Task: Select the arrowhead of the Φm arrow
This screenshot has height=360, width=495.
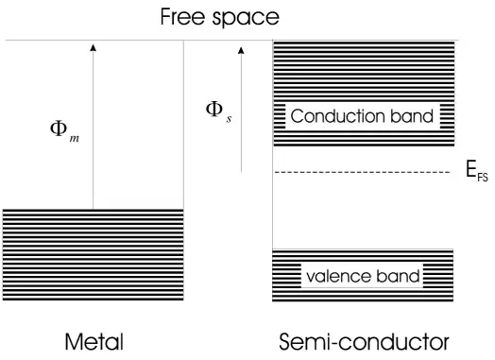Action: point(93,45)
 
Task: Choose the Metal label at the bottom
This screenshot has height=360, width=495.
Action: point(94,340)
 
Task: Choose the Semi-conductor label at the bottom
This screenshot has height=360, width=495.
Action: point(364,340)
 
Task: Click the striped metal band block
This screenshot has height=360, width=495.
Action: point(93,255)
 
